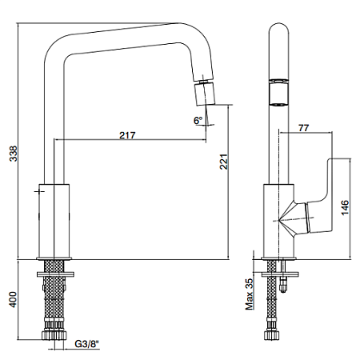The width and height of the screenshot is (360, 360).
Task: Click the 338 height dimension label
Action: pos(14,154)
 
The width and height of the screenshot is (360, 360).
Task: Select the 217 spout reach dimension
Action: pos(127,135)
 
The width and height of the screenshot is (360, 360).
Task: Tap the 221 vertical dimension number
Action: pos(224,162)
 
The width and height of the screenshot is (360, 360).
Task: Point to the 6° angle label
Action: pos(198,121)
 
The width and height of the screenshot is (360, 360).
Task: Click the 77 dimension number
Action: pos(304,128)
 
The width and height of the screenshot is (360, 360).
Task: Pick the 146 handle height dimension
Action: pos(345,207)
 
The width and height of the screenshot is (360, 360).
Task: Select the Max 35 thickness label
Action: pos(249,294)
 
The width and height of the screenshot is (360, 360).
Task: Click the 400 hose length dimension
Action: pos(13,299)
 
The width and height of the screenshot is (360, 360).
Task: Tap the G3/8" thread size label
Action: pos(86,344)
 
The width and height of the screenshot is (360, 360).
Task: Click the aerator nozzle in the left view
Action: pos(205,94)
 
